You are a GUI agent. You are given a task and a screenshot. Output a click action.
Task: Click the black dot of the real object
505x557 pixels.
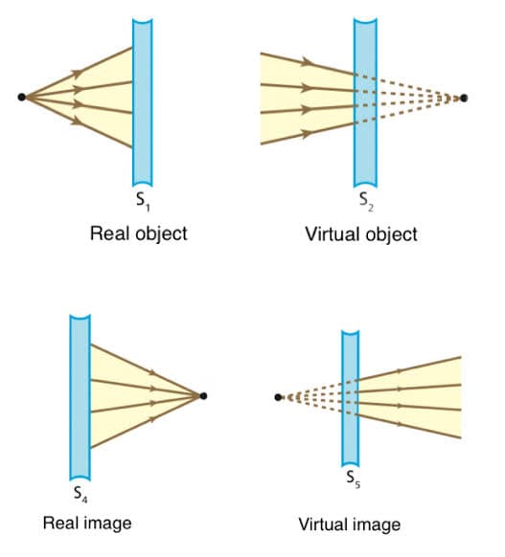(x=22, y=97)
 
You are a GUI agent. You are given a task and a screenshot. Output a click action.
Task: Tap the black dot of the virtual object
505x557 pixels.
(x=464, y=98)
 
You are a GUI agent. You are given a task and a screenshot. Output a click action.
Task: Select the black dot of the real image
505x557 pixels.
(x=203, y=395)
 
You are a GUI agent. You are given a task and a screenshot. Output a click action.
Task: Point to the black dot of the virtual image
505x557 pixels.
(x=278, y=397)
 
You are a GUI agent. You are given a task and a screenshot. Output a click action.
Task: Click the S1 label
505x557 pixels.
(x=144, y=202)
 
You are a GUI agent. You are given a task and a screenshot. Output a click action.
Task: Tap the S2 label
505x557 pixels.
(x=366, y=202)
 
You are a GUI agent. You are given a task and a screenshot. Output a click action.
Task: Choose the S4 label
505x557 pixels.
(x=80, y=494)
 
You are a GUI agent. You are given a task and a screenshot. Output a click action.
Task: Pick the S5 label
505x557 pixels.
(x=354, y=479)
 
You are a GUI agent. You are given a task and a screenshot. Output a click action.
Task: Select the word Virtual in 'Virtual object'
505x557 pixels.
(x=332, y=234)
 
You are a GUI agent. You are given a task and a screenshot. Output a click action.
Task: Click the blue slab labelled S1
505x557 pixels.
(x=143, y=102)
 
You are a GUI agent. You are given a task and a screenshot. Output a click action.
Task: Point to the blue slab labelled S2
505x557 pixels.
(x=365, y=102)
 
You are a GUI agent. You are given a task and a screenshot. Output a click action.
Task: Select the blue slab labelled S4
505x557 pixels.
(x=80, y=397)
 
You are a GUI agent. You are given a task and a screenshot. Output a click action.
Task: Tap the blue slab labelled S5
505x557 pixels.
(x=351, y=398)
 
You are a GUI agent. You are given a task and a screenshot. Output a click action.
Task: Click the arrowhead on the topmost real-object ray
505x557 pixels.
(x=77, y=73)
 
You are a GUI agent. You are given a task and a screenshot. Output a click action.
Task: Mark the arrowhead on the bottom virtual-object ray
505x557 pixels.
(x=307, y=134)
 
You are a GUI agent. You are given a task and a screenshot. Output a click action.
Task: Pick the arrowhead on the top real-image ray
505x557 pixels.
(x=153, y=372)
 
